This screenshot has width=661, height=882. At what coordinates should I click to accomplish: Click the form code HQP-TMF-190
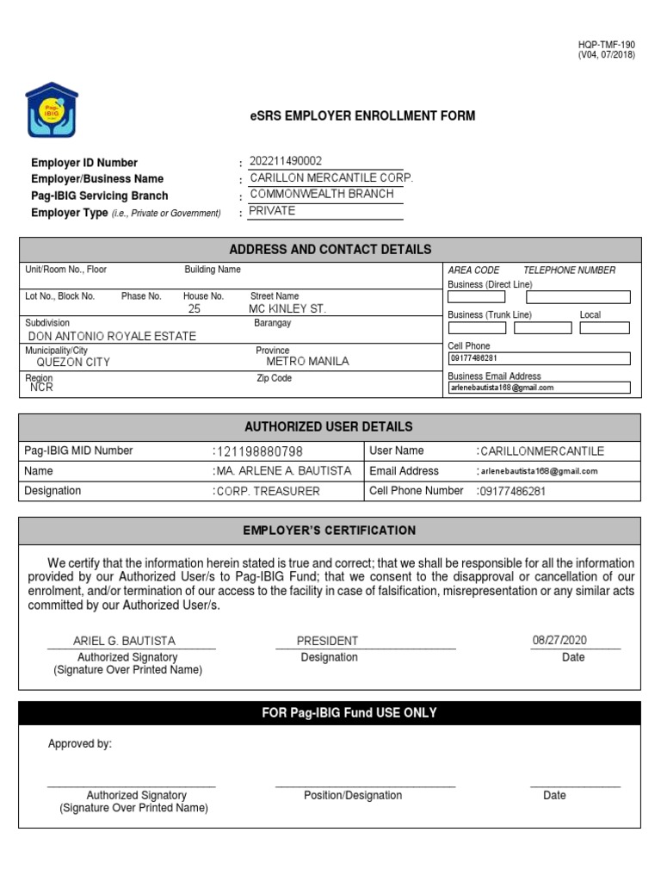click(606, 45)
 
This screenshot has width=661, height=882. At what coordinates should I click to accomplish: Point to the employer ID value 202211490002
click(286, 161)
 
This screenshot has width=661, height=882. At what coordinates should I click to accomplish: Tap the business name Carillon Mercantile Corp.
click(330, 177)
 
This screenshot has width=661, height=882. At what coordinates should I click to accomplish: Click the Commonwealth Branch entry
click(321, 194)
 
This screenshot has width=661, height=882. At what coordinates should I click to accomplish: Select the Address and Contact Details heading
click(330, 250)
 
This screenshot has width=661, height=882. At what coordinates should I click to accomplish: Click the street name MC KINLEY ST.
click(287, 308)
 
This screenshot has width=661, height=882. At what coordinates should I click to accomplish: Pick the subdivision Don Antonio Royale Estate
click(112, 336)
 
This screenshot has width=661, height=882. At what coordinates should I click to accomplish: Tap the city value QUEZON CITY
click(73, 363)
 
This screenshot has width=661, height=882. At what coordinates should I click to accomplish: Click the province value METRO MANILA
click(307, 362)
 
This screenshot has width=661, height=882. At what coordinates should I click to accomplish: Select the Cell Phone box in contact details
click(539, 358)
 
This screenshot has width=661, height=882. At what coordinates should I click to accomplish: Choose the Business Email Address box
click(539, 388)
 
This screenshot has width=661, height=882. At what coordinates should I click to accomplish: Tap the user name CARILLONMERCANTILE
click(542, 451)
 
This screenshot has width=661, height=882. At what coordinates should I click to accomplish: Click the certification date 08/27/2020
click(559, 640)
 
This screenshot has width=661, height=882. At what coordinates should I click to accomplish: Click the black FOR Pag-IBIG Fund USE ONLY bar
click(330, 713)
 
